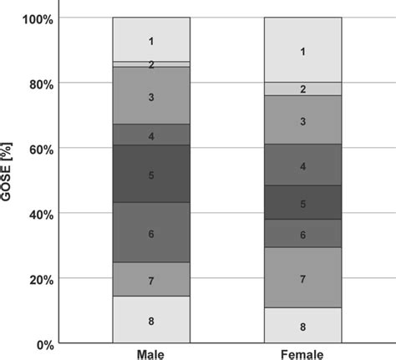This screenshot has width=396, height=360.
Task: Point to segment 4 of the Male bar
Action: [x=151, y=134]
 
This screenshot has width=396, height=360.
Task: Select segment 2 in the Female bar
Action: [x=302, y=89]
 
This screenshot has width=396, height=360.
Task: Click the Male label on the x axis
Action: [x=151, y=353]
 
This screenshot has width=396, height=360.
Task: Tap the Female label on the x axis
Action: [x=302, y=353]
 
